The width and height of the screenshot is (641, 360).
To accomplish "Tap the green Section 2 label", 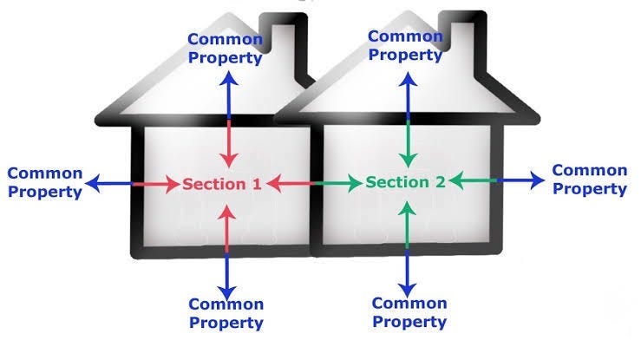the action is (x=405, y=182).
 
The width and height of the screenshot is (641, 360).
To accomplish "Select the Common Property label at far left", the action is (x=44, y=183).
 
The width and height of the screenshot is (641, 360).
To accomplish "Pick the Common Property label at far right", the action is (x=590, y=180).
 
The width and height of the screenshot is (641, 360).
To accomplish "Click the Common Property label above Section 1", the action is (x=226, y=49).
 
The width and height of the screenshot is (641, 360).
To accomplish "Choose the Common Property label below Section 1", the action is (x=226, y=313).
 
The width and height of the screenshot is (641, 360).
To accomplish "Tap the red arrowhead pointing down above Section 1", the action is (x=227, y=161).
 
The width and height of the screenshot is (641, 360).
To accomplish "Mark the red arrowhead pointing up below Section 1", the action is (x=226, y=210).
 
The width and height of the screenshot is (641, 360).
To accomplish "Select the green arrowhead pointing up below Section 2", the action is (x=408, y=207).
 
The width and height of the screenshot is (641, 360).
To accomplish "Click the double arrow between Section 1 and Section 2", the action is (x=313, y=183).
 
